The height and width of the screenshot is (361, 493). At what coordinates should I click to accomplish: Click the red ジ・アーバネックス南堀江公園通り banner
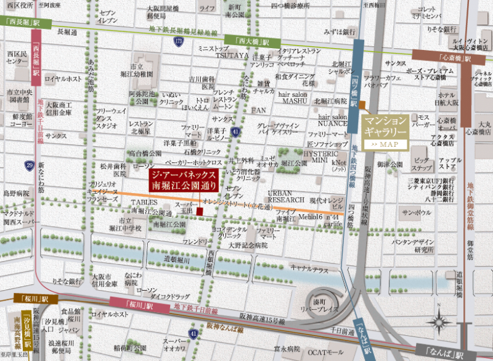[x=183, y=180]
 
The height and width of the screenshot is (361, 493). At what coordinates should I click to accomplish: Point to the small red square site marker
[x=200, y=212]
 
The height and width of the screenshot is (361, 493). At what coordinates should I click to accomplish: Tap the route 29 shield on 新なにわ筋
[x=29, y=165]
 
